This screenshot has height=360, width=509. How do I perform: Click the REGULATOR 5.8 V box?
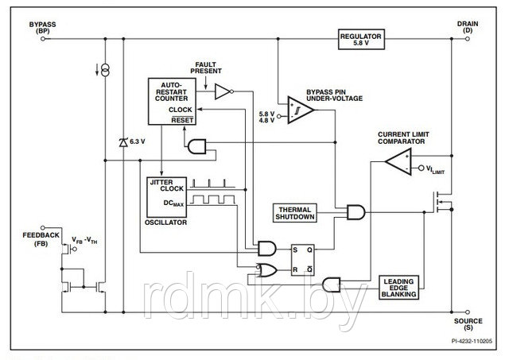click(x=361, y=39)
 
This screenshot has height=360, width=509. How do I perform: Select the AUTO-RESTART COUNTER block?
click(x=172, y=102)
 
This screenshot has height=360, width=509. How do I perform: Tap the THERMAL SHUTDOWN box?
click(x=295, y=213)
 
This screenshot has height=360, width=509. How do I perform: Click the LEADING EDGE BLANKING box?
click(x=398, y=288)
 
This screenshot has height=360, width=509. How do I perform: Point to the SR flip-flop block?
click(x=302, y=260)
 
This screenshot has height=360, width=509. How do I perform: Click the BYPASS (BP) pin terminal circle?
click(x=43, y=39)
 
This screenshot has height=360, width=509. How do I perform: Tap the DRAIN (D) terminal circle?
click(x=468, y=39)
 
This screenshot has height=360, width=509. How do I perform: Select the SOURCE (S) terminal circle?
click(x=468, y=312)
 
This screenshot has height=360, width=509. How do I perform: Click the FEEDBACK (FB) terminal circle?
click(x=42, y=228)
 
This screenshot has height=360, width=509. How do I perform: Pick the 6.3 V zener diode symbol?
click(x=123, y=142)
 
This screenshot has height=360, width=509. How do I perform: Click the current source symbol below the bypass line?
click(x=105, y=70)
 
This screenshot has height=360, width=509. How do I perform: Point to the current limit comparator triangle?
click(x=398, y=161)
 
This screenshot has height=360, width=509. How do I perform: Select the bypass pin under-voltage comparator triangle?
click(x=300, y=110)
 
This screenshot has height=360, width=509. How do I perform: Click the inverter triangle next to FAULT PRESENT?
click(x=223, y=91)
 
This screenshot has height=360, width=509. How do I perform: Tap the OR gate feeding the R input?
click(x=267, y=270)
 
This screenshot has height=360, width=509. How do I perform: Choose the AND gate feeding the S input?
click(x=267, y=249)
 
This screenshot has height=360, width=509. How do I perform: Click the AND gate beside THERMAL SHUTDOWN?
click(x=356, y=212)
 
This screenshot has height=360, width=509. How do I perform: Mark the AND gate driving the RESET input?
click(x=197, y=146)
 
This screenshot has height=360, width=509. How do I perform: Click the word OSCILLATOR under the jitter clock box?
click(x=166, y=223)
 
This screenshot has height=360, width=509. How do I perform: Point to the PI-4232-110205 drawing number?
click(x=472, y=341)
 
